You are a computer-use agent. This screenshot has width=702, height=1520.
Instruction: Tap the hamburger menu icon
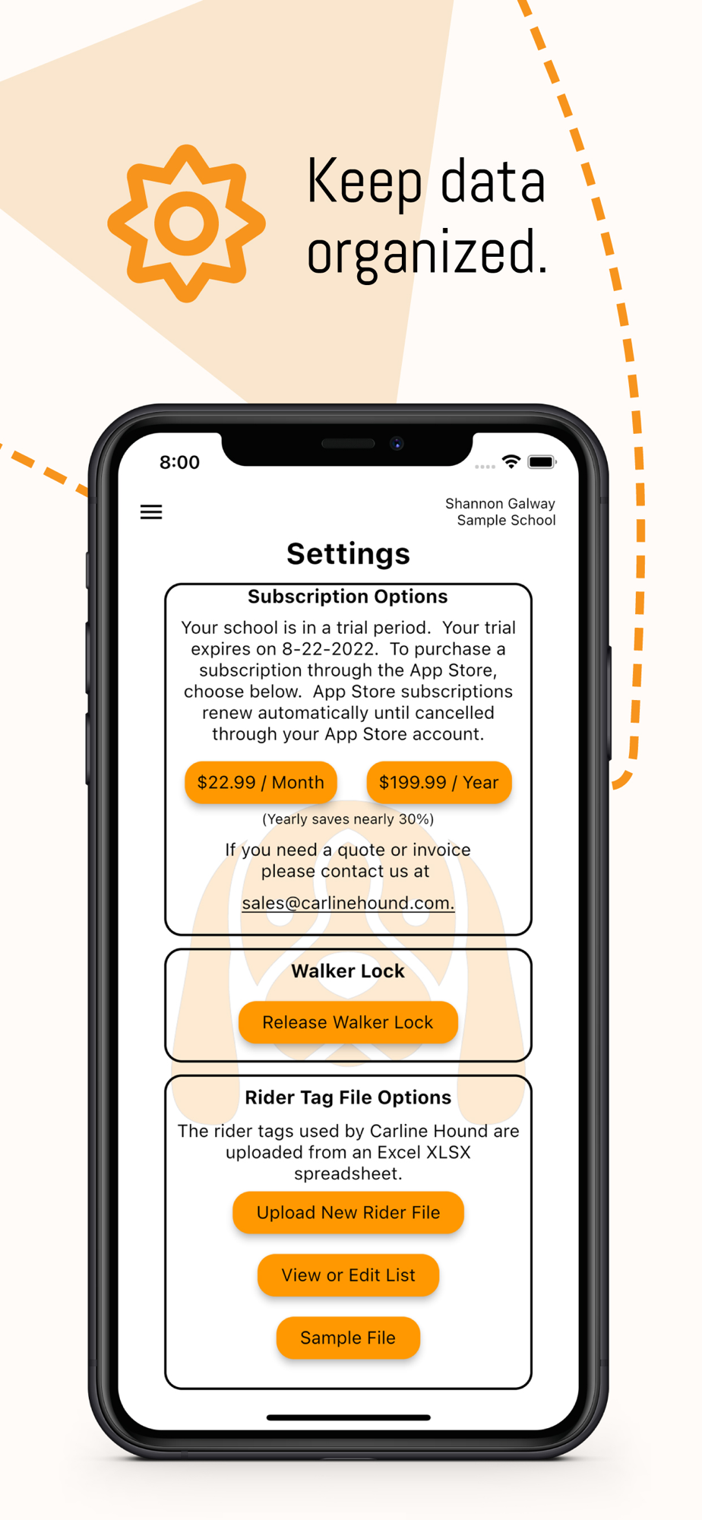151,512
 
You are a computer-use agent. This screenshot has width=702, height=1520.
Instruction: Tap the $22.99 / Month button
261,782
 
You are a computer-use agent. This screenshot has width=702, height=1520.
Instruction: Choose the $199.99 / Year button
439,782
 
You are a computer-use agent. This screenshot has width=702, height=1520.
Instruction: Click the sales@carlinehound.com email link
348,903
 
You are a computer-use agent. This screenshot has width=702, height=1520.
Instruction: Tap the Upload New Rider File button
348,1212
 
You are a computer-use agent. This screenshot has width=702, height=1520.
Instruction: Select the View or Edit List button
348,1275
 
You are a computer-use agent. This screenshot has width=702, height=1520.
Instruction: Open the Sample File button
348,1338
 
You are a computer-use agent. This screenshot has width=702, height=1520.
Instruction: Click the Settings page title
348,553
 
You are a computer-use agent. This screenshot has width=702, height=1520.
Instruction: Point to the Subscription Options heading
348,597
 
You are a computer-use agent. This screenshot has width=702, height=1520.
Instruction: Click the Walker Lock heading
348,971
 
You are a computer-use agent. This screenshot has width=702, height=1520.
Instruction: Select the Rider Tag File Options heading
348,1097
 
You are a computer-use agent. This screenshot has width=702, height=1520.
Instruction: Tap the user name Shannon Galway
500,504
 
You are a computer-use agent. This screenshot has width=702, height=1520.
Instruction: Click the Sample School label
506,521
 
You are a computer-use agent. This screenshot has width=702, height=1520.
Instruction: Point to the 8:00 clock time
179,462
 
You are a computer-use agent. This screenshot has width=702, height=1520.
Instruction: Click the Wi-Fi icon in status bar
511,461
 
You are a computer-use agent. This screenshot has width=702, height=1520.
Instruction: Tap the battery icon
542,462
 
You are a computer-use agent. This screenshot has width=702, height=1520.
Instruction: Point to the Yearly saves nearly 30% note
348,819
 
